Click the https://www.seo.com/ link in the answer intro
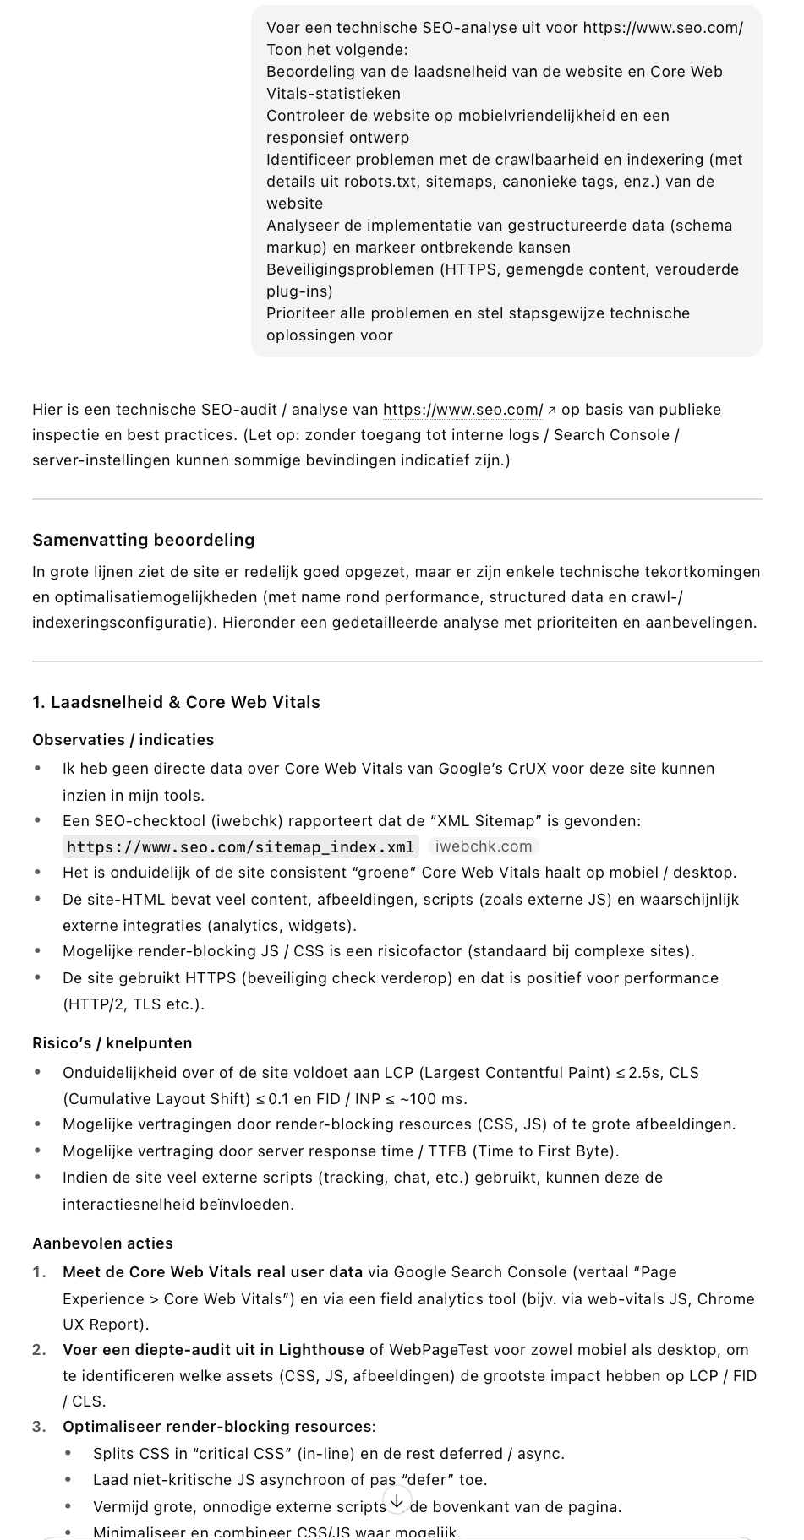tap(462, 410)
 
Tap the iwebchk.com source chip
tap(484, 846)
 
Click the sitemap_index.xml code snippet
tap(240, 846)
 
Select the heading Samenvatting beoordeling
tap(143, 540)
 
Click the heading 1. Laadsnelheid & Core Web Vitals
tap(176, 702)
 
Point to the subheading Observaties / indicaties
tap(123, 740)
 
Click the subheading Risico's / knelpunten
tap(112, 1043)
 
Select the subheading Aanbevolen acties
tap(102, 1243)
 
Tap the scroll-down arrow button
tap(397, 1500)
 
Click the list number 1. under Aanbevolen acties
tap(40, 1272)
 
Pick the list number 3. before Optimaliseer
tap(40, 1427)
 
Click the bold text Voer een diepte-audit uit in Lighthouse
tap(213, 1350)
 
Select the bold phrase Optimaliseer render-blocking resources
tap(217, 1427)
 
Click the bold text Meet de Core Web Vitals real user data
tap(212, 1272)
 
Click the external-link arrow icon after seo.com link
tap(552, 411)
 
